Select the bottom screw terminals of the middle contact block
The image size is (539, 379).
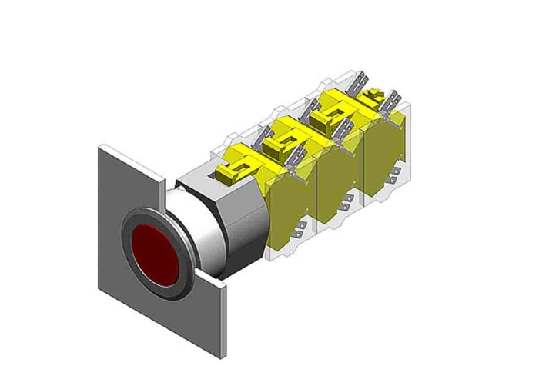(349, 201)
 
